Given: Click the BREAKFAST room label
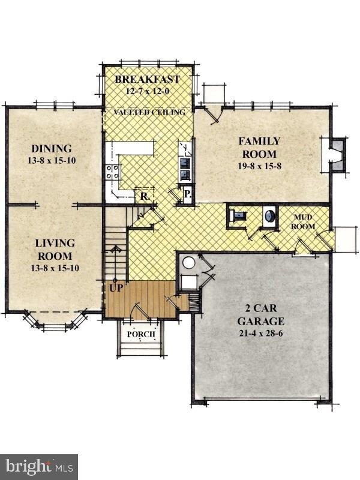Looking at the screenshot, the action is [147, 79].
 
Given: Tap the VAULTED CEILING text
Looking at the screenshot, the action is [149, 112].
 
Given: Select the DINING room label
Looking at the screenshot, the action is [52, 149].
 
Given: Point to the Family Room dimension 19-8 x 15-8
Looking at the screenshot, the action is [260, 166].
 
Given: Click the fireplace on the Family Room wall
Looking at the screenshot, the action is [338, 154].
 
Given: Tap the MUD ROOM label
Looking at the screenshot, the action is [303, 222].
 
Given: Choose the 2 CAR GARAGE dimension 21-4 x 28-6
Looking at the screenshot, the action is [261, 333].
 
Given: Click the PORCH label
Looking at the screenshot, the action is [141, 334].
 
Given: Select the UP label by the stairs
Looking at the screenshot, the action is [116, 288].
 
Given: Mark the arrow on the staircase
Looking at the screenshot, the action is [116, 264].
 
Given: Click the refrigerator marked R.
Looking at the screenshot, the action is [145, 196].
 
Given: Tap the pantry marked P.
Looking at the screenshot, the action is [187, 194].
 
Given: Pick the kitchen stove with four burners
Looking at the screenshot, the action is [112, 172].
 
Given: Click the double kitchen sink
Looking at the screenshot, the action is [186, 169].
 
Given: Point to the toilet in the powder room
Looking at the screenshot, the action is [238, 216].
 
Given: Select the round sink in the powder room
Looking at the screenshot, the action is [269, 216].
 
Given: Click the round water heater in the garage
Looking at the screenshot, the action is [188, 263].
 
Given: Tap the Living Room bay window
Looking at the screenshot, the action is [55, 320].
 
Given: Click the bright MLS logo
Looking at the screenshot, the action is [39, 467].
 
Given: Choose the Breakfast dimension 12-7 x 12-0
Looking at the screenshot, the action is [148, 91].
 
